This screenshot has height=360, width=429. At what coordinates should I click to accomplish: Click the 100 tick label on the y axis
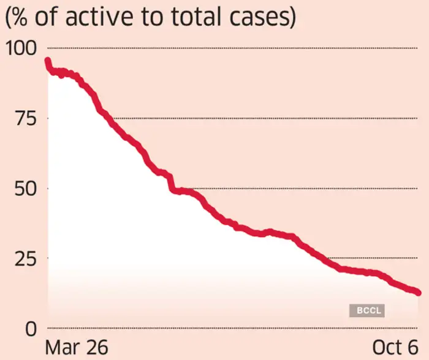click(22, 48)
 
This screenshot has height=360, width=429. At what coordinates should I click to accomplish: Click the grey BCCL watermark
click(366, 311)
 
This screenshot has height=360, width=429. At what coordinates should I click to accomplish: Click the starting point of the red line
click(47, 61)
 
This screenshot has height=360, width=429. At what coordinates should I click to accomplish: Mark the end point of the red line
click(419, 293)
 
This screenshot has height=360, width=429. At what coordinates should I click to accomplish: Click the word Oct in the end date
click(386, 347)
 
